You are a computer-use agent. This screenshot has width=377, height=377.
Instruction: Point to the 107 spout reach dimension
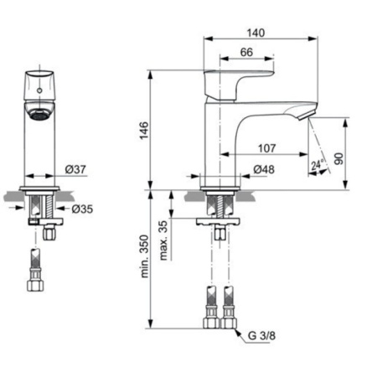[266, 148]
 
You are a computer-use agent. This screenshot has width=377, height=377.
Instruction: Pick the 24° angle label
[317, 165]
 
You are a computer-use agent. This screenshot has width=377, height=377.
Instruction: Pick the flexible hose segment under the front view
[36, 260]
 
